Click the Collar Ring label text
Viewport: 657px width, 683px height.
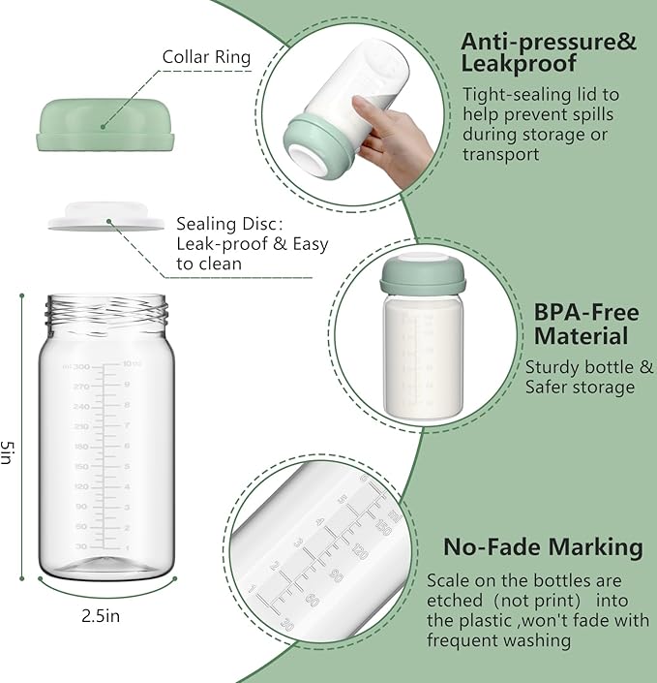click(x=206, y=57)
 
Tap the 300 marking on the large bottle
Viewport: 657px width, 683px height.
click(x=80, y=366)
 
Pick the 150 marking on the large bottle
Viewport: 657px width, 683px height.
click(x=80, y=466)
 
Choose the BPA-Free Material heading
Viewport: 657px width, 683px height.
click(x=586, y=325)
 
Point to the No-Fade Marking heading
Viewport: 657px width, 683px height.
click(x=543, y=546)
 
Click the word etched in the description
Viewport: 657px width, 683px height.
click(x=453, y=601)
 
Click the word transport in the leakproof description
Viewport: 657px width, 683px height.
click(x=501, y=153)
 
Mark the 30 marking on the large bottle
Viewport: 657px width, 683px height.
click(x=80, y=546)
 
